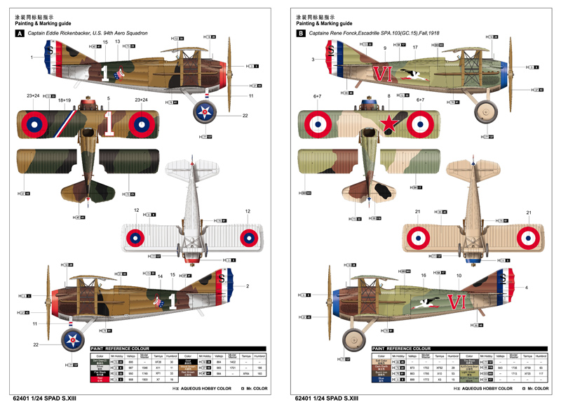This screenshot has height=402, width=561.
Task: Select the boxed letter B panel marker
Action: [301, 33]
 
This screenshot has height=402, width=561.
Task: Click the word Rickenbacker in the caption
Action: [88, 33]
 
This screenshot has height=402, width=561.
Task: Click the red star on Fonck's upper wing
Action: [387, 124]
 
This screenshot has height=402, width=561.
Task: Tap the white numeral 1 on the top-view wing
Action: [109, 123]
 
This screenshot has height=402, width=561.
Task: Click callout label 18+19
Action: [65, 100]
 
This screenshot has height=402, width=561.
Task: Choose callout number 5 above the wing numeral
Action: [108, 98]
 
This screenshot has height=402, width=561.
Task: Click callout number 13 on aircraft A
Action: [117, 42]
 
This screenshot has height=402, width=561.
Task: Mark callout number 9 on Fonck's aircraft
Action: [385, 48]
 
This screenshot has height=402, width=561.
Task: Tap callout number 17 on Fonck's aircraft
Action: [415, 48]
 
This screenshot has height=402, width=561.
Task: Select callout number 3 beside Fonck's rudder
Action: [313, 60]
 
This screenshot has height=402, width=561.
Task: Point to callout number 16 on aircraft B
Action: [423, 276]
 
